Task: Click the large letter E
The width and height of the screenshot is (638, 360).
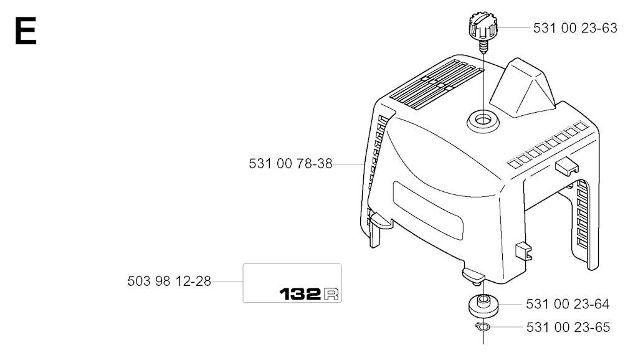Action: [x=26, y=31]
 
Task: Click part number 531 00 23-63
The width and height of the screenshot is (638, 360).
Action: [x=575, y=28]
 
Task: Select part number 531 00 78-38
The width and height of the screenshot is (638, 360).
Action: [x=290, y=164]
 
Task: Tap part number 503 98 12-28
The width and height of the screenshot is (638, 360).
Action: [x=169, y=281]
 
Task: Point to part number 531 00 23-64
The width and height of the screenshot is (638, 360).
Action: [x=568, y=304]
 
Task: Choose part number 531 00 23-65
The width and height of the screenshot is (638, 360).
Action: [x=568, y=327]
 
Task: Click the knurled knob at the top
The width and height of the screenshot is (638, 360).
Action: [x=483, y=26]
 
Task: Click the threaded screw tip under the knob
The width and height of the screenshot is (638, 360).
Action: [x=483, y=47]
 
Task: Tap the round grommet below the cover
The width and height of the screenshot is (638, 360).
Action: [x=483, y=305]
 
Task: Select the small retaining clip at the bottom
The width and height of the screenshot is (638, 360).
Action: [x=483, y=326]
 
